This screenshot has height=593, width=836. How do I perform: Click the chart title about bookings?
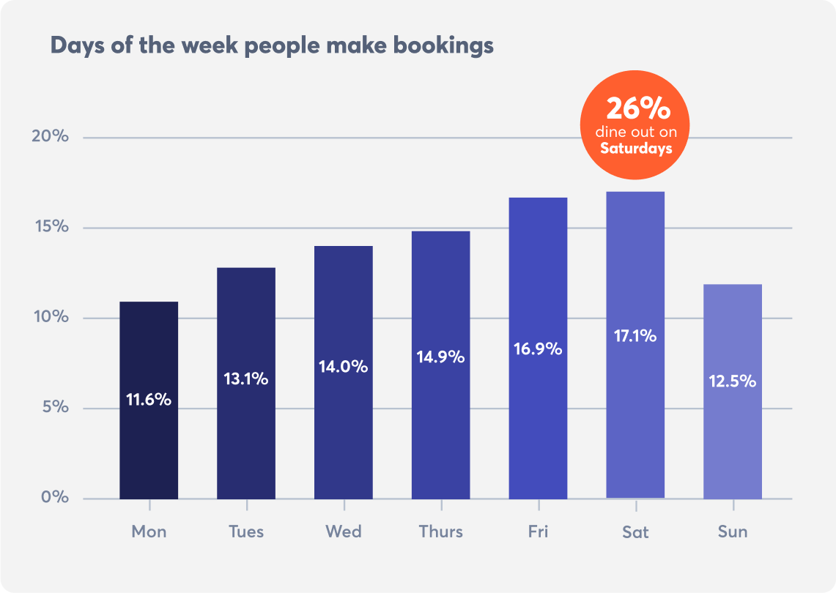(272, 45)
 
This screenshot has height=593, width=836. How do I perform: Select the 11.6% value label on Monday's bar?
(149, 400)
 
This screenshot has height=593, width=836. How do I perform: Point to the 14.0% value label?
(343, 367)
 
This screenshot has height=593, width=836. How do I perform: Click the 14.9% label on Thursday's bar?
(440, 357)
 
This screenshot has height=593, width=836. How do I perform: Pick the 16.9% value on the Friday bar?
(538, 348)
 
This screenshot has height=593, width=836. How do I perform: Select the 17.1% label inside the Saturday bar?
(635, 337)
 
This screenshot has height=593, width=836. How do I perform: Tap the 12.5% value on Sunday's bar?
(732, 381)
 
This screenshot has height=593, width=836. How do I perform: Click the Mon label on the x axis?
(149, 532)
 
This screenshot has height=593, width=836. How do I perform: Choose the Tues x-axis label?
(246, 532)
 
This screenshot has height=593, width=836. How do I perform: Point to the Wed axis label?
(344, 532)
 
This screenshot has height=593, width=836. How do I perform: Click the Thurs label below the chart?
(441, 532)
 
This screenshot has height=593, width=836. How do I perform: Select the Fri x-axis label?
(538, 532)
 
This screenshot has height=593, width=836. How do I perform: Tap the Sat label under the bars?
(635, 532)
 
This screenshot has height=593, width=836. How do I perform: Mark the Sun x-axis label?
(733, 532)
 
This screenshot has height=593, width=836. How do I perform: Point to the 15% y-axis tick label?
(51, 227)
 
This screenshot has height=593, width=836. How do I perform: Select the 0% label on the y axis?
(54, 498)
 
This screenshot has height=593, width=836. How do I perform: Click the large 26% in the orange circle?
(637, 110)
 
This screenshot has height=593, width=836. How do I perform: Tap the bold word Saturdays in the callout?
(636, 149)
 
